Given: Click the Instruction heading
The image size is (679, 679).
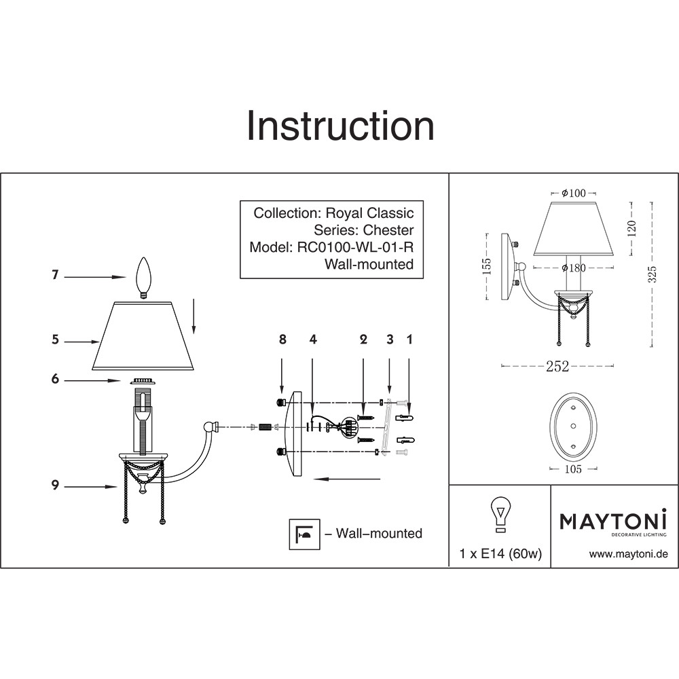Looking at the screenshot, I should click(x=340, y=126).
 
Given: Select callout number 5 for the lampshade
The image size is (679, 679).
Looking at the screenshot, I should click(x=55, y=341).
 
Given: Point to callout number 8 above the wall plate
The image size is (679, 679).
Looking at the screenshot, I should click(x=283, y=339).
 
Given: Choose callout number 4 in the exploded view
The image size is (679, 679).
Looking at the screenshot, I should click(x=312, y=339).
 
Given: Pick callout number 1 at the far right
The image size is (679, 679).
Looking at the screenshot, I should click(x=409, y=339).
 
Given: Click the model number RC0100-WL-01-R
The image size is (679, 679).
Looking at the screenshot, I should click(x=356, y=247).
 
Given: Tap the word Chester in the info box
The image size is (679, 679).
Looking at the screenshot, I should click(x=388, y=230).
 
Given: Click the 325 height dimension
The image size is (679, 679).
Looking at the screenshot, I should click(x=652, y=273).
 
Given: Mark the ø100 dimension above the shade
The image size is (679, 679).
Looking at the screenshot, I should click(x=574, y=194).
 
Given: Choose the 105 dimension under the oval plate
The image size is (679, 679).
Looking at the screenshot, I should click(x=574, y=469).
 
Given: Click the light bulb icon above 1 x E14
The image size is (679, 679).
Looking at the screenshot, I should click(x=500, y=514).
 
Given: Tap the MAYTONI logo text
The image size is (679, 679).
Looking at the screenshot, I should click(x=613, y=521).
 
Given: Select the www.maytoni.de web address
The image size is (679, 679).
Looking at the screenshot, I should click(x=628, y=554).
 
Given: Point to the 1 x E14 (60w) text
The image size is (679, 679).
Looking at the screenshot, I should click(x=500, y=554).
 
